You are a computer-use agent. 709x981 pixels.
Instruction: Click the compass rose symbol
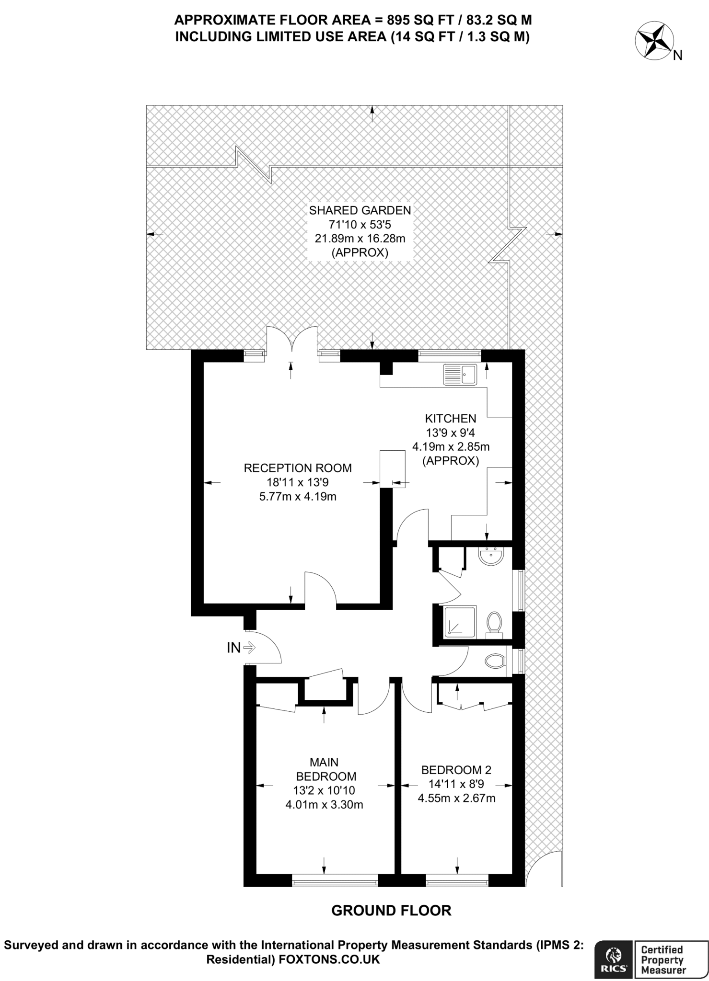pyautogui.click(x=654, y=42)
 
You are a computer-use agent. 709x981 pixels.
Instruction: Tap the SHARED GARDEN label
pyautogui.click(x=360, y=210)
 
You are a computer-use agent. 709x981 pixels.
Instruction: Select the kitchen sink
pyautogui.click(x=460, y=374)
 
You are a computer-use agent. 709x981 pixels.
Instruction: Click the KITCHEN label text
pyautogui.click(x=450, y=419)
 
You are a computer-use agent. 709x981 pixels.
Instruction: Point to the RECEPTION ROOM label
pyautogui.click(x=297, y=468)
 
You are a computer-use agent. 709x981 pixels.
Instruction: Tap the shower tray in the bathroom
pyautogui.click(x=460, y=622)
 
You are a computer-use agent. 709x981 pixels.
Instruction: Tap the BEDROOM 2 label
pyautogui.click(x=456, y=770)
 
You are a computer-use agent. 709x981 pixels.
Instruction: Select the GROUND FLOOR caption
pyautogui.click(x=391, y=911)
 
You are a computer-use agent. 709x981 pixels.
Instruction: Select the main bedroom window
pyautogui.click(x=335, y=880)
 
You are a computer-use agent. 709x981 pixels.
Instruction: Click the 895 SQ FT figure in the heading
pyautogui.click(x=417, y=20)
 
